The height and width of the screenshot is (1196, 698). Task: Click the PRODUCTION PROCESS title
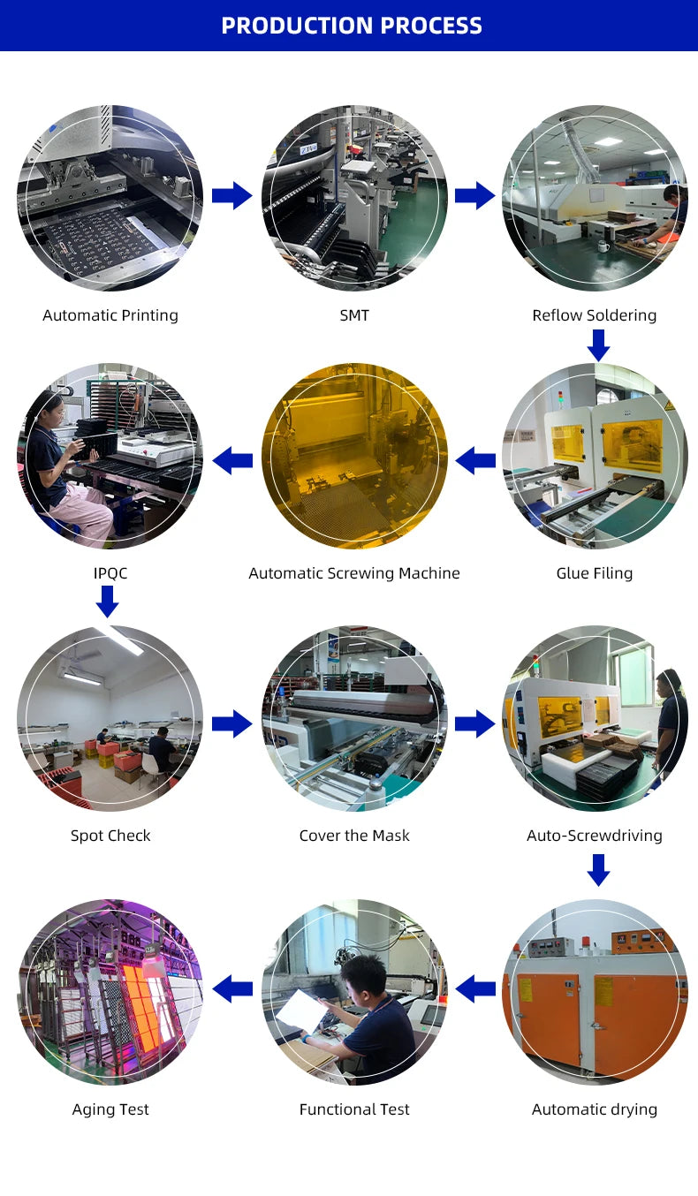click(352, 26)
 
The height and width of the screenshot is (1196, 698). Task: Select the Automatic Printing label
click(110, 315)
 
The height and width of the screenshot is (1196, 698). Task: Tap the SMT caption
click(354, 315)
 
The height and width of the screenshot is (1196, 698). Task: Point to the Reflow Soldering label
click(595, 315)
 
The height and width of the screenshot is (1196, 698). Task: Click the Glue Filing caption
click(595, 573)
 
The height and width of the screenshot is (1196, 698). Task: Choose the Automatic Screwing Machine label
click(354, 573)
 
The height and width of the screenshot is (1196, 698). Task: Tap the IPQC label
click(110, 573)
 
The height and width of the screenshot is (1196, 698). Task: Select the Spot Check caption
click(110, 836)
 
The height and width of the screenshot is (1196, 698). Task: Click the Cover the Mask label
click(354, 836)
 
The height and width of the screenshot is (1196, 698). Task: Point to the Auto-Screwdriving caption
click(595, 836)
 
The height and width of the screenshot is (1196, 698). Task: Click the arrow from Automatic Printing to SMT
click(231, 195)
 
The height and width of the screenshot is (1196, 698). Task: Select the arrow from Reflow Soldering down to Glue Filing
click(599, 345)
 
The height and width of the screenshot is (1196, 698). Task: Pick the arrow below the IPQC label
click(107, 602)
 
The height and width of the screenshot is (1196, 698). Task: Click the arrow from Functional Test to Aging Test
click(232, 988)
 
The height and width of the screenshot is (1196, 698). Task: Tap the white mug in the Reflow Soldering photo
click(603, 246)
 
